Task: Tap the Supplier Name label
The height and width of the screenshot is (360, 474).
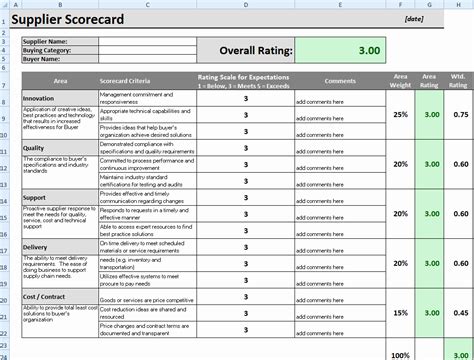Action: (x=46, y=40)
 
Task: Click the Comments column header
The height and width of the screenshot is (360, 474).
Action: (x=339, y=79)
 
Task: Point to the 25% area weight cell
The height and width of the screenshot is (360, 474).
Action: (x=401, y=115)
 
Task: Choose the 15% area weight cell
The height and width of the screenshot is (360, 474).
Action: (x=401, y=313)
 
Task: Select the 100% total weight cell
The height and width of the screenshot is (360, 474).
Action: (x=400, y=354)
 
